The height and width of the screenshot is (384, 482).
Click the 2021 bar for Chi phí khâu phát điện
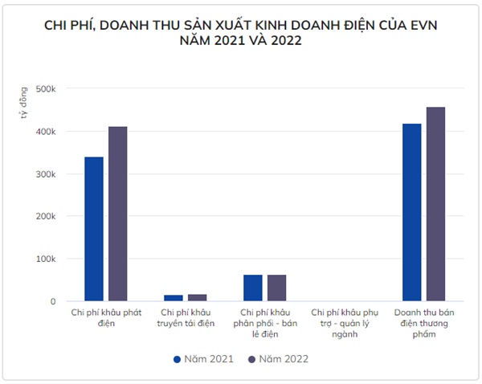pos(94,229)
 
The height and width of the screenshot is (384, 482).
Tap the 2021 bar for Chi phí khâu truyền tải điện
pos(174,298)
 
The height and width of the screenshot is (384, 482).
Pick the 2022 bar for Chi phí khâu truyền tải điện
pos(197,298)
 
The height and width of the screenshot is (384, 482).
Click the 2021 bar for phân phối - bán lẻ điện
pos(253,288)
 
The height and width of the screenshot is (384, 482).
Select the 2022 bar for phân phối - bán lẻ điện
pos(276,288)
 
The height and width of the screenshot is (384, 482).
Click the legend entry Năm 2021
pos(203,359)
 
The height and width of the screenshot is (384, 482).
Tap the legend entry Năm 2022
pos(278,359)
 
